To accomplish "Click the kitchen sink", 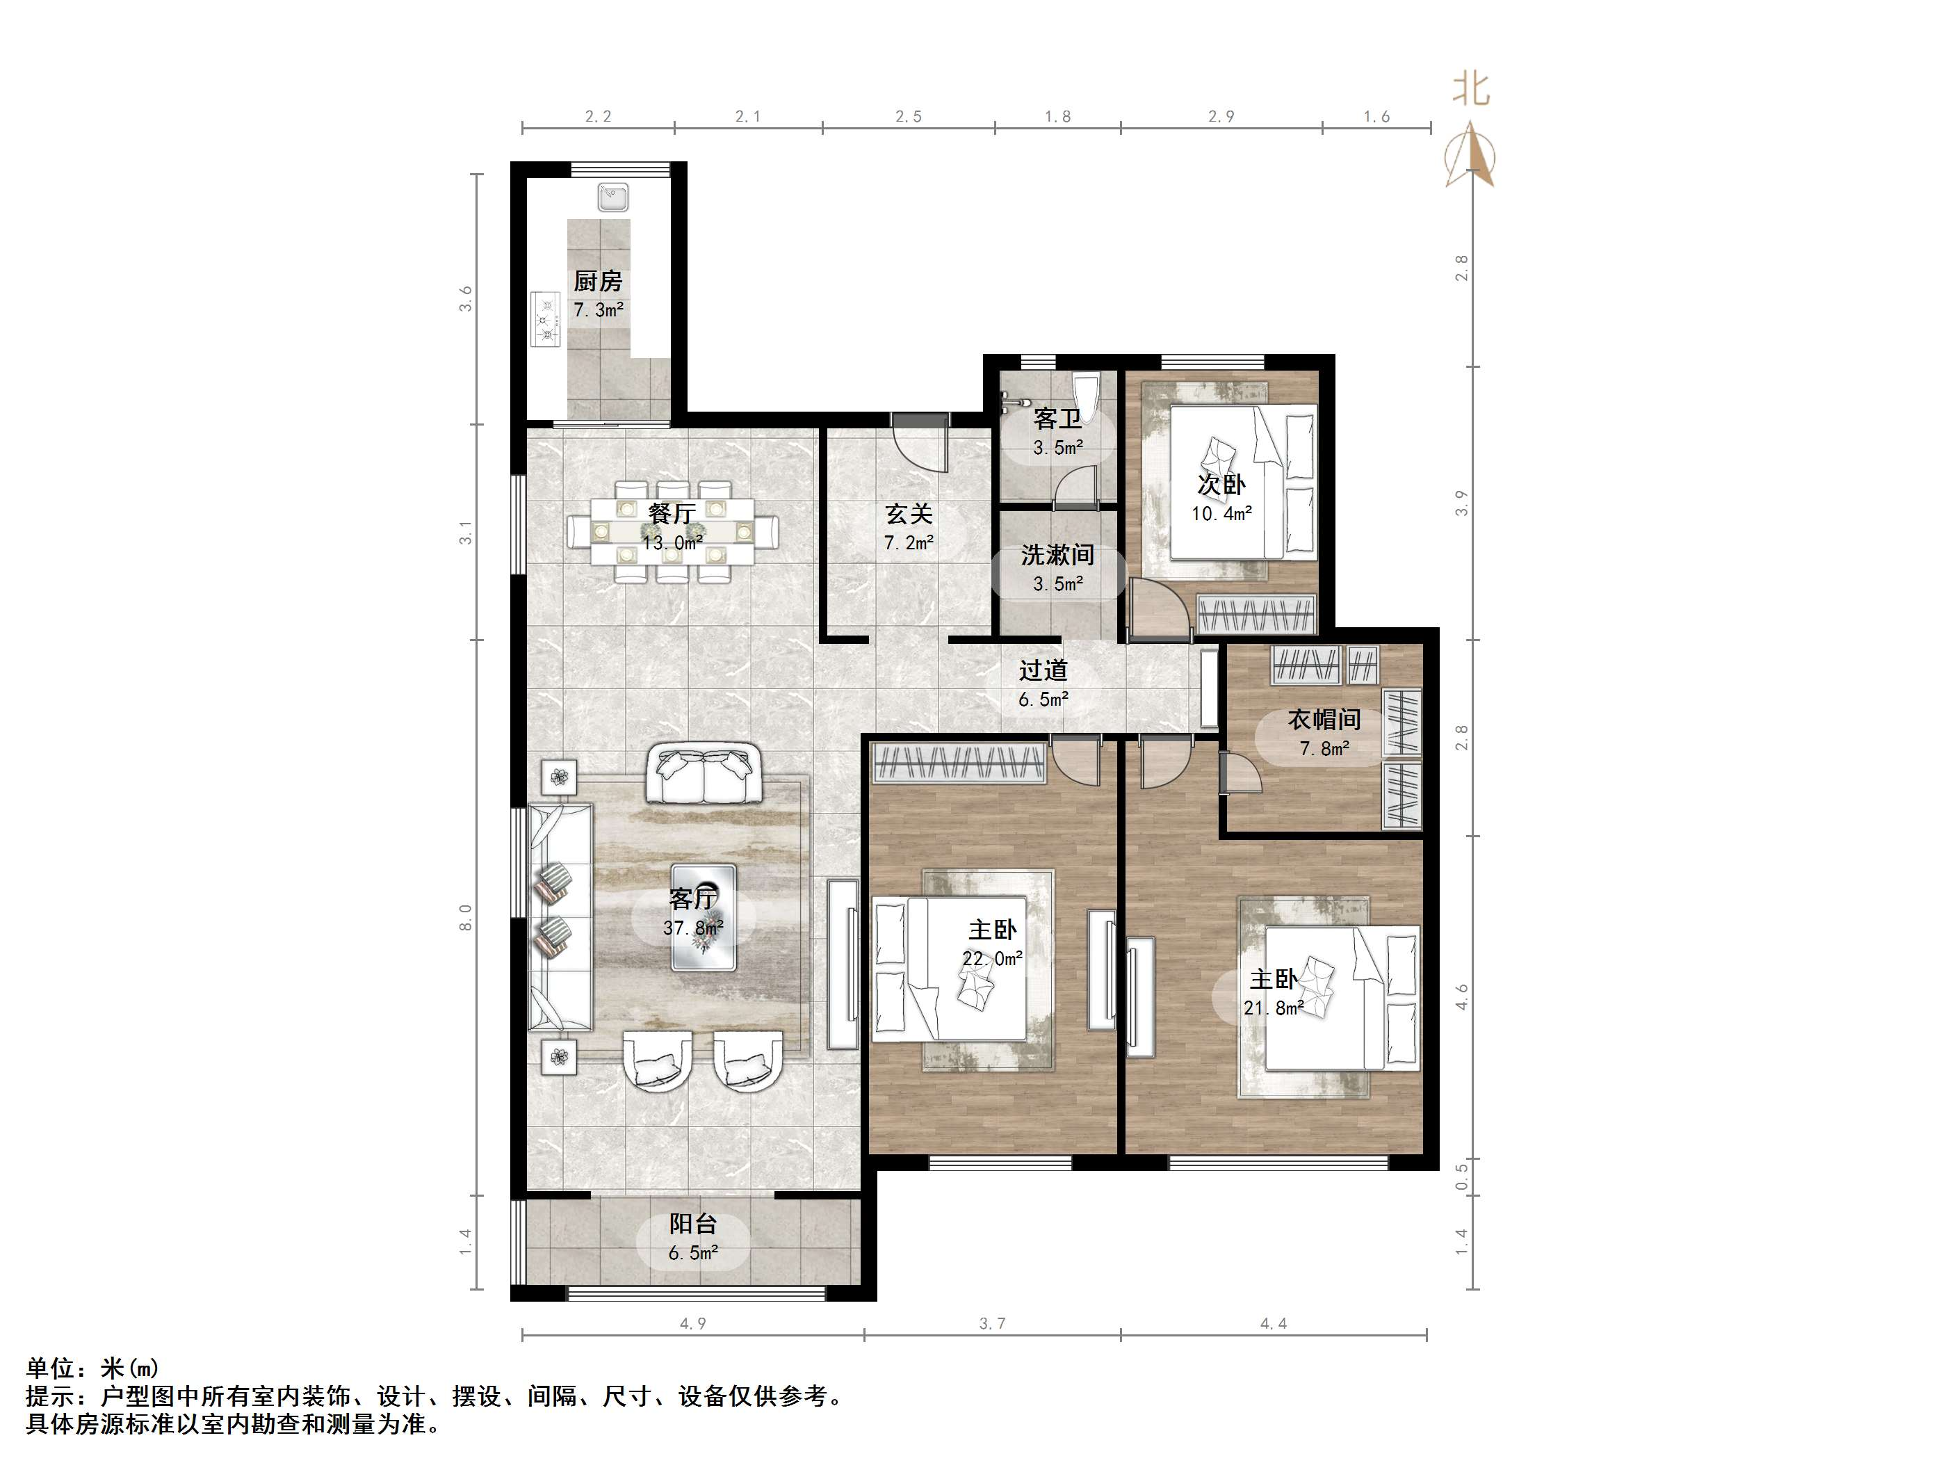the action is click(x=612, y=197).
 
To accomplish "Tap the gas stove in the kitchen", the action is click(x=546, y=320).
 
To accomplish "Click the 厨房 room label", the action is click(x=598, y=282).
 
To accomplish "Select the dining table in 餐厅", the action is click(x=673, y=531).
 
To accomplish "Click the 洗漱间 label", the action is click(x=1058, y=555).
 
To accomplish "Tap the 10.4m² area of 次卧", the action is click(x=1222, y=513).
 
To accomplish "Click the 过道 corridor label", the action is click(x=1043, y=670).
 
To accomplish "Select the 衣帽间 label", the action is click(x=1324, y=720).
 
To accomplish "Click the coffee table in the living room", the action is click(x=704, y=917).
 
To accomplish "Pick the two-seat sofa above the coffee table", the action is click(x=704, y=775).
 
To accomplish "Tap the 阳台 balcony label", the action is click(x=693, y=1223).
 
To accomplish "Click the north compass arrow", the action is click(x=1470, y=155).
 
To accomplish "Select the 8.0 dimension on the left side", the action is click(x=466, y=917).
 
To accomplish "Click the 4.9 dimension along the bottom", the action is click(x=693, y=1324).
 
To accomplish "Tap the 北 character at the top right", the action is click(x=1471, y=88).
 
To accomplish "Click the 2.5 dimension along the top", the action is click(x=908, y=116).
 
